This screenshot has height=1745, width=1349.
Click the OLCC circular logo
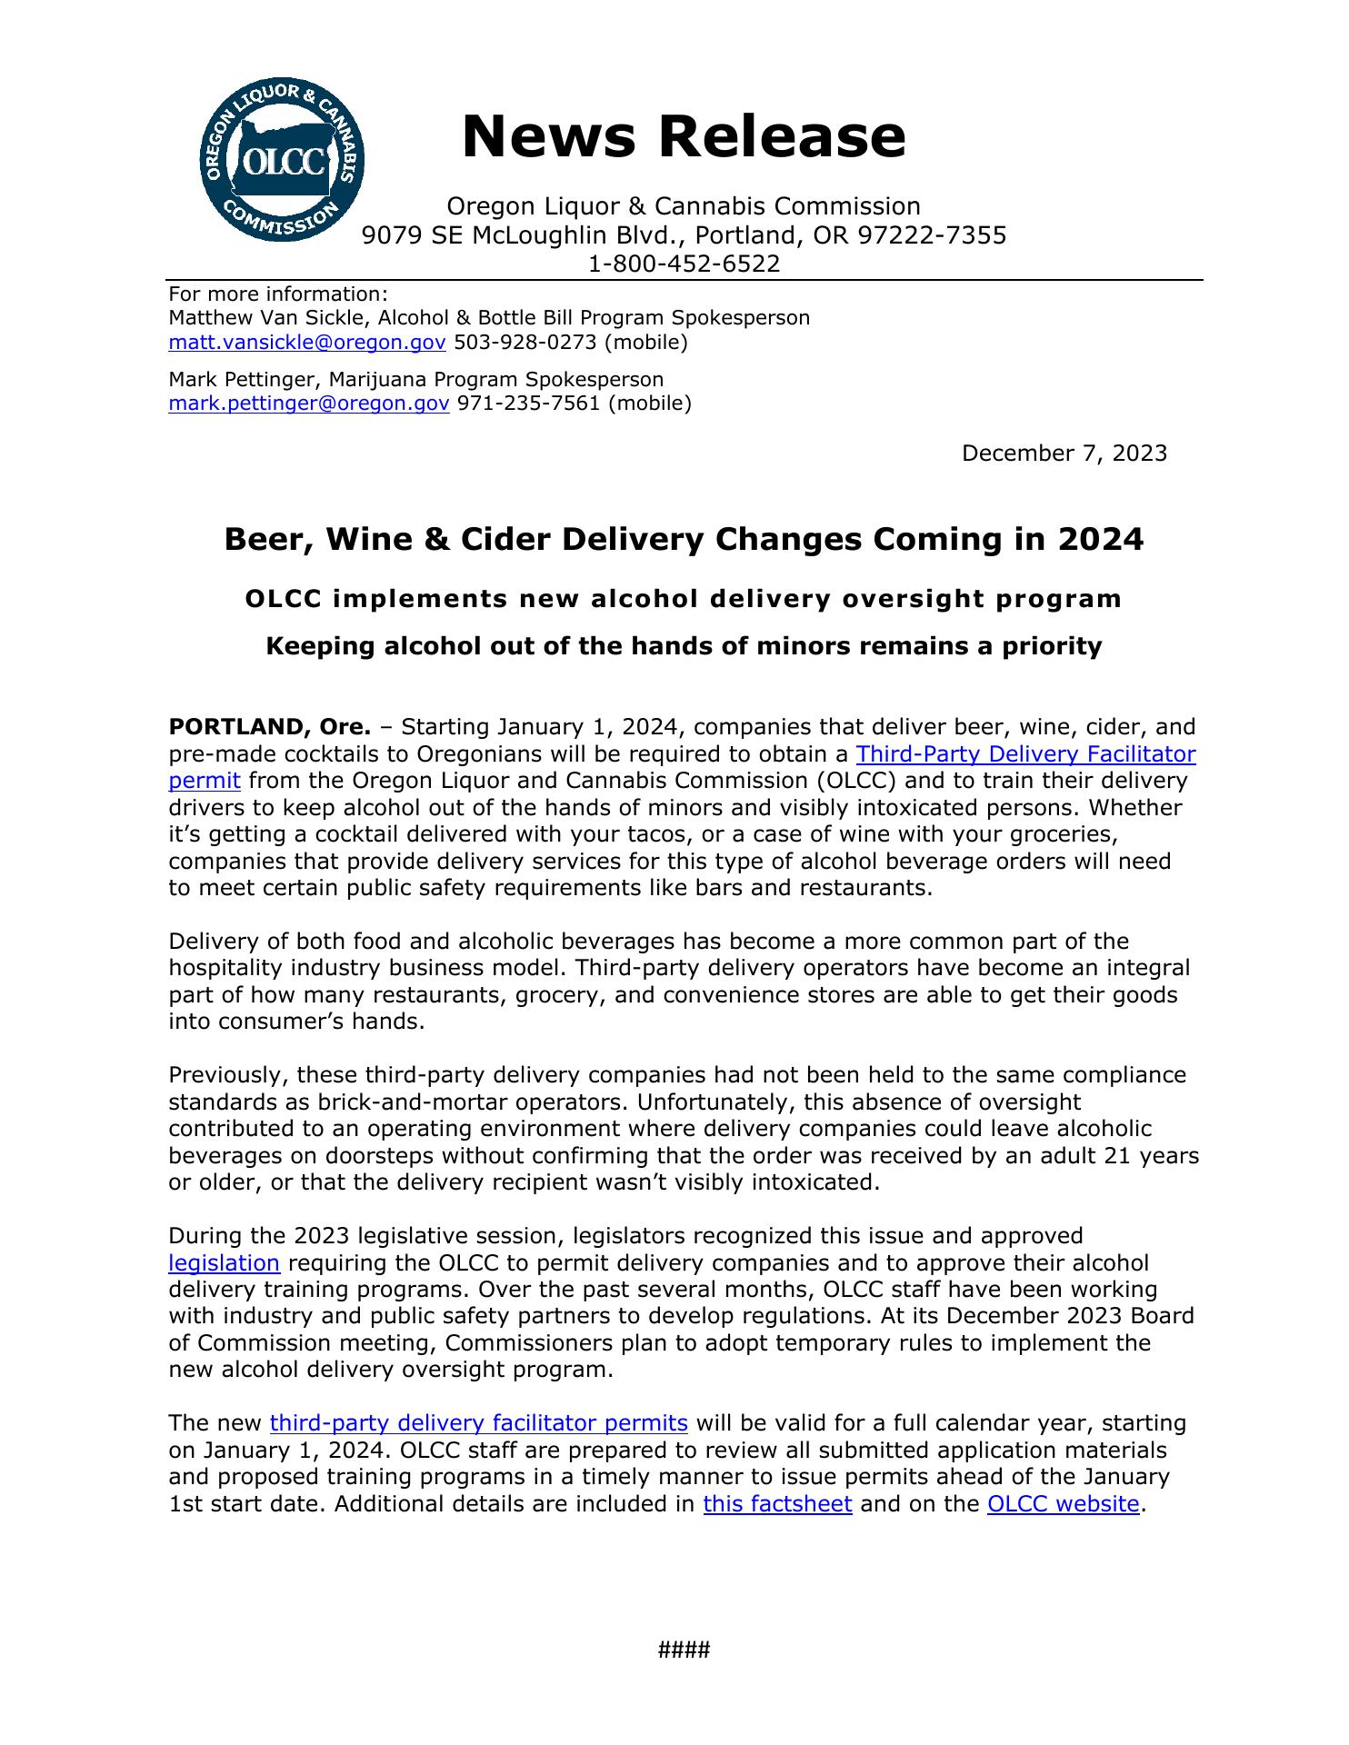pos(282,160)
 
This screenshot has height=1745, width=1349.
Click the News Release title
pos(684,136)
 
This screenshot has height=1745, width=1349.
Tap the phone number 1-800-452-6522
pos(684,264)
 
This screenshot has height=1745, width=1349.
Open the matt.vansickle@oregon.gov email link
pos(307,342)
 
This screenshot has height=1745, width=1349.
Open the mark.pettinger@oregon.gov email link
pos(309,403)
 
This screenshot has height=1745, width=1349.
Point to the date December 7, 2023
pos(1064,453)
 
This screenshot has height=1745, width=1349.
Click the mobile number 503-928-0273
pos(525,342)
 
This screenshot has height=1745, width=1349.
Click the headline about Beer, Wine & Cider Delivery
pos(684,539)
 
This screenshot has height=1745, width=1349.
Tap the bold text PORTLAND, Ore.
pos(270,727)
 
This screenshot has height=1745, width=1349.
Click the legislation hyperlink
pos(225,1263)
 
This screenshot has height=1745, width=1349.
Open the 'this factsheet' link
pos(777,1503)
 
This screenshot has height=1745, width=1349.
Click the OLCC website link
pos(1063,1503)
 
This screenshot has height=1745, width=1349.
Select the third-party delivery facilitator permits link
pos(478,1422)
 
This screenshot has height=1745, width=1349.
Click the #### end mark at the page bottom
pos(684,1650)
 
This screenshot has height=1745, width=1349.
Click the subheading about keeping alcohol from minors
pos(684,646)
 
